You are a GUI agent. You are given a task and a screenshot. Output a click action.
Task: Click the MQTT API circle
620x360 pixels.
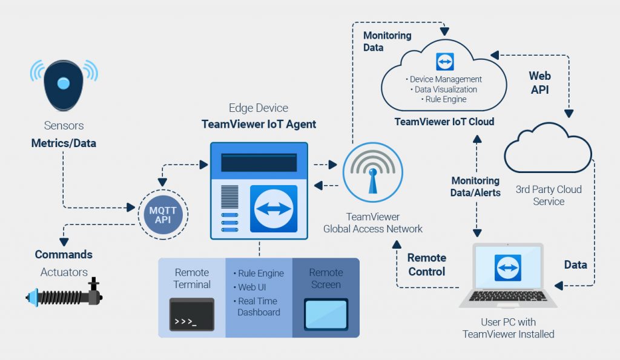163,214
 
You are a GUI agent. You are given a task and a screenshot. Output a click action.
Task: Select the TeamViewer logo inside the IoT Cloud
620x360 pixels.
445,62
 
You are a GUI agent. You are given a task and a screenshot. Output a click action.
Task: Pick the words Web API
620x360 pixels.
539,82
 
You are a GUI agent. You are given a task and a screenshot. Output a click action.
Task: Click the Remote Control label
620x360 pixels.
426,264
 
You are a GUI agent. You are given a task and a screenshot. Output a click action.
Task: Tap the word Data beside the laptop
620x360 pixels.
575,264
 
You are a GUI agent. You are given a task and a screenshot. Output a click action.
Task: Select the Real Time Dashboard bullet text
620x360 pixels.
257,307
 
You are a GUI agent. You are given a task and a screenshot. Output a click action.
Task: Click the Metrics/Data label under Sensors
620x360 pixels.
64,143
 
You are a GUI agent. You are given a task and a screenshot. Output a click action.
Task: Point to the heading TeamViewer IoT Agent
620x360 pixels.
259,125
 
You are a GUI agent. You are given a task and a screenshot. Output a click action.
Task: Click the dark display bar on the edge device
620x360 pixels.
259,162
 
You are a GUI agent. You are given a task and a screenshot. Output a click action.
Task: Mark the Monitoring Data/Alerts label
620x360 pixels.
475,186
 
